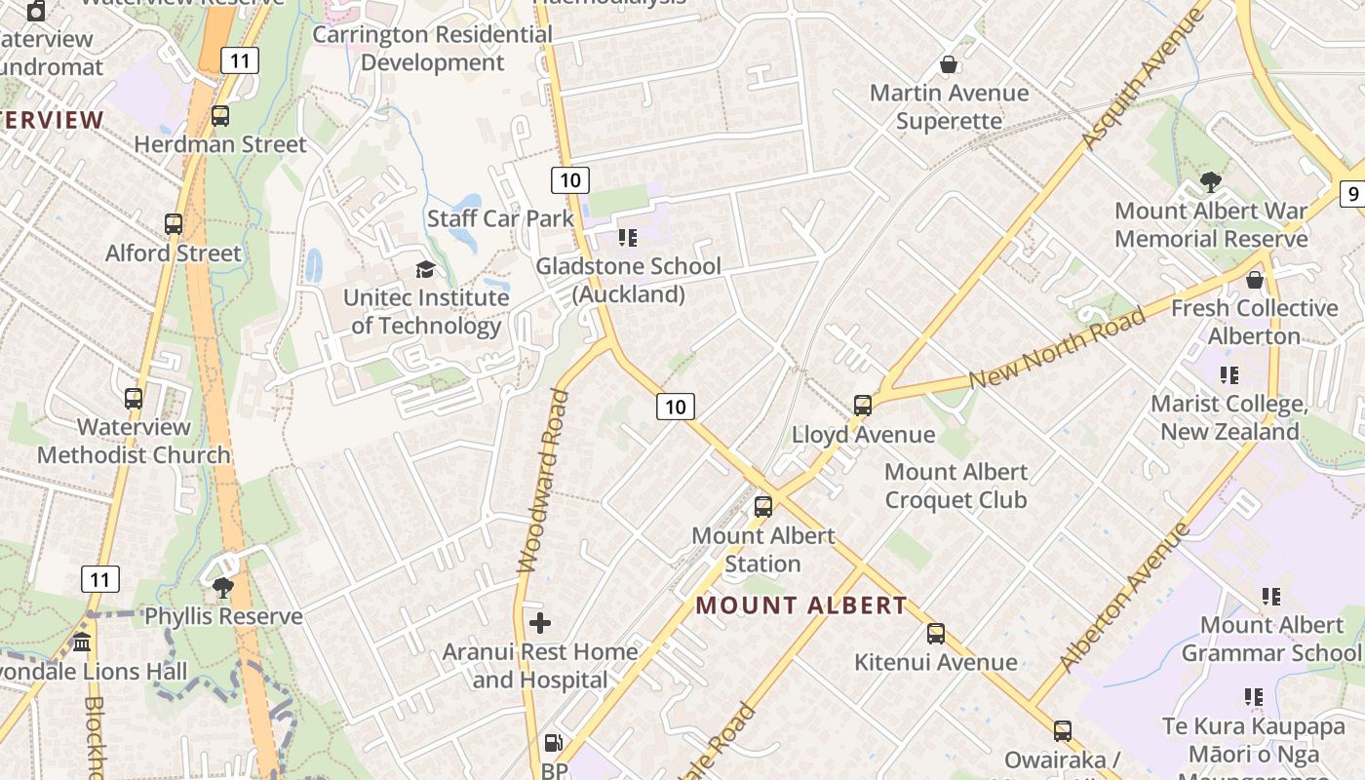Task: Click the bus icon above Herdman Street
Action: (x=220, y=116)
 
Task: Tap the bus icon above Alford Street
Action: (x=174, y=224)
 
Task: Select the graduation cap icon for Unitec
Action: (x=425, y=269)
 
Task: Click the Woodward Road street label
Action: (x=542, y=481)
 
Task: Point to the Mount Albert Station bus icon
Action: (x=763, y=506)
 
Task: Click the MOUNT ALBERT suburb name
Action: (x=800, y=605)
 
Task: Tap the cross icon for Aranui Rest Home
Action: (x=540, y=623)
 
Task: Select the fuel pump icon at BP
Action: (x=553, y=743)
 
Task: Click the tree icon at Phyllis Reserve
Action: (x=223, y=587)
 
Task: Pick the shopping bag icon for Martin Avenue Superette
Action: (x=948, y=64)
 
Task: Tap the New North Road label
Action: (x=1057, y=347)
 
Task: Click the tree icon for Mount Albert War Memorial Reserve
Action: (x=1210, y=182)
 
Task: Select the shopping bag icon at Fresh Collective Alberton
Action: (x=1255, y=280)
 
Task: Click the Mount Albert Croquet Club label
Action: (x=955, y=486)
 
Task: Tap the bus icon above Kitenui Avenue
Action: (x=936, y=634)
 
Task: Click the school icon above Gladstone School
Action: (x=628, y=237)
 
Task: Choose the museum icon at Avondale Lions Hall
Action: (x=82, y=643)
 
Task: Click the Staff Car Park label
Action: (x=500, y=218)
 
